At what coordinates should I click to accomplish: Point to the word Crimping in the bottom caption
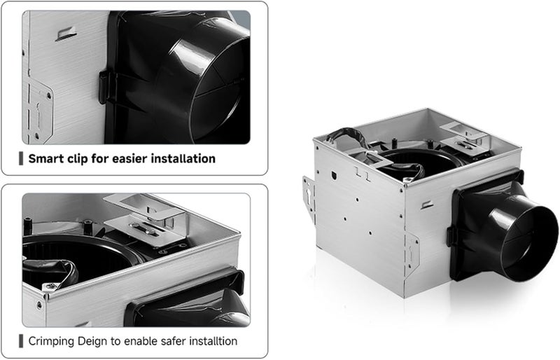(x=54, y=341)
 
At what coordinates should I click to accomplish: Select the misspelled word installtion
(x=212, y=341)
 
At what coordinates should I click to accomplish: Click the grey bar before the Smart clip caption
(x=22, y=158)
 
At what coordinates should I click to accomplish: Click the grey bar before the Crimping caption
(x=22, y=341)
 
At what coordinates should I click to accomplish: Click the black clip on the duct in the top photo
(x=104, y=88)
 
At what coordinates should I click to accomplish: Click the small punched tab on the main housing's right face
(x=426, y=205)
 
